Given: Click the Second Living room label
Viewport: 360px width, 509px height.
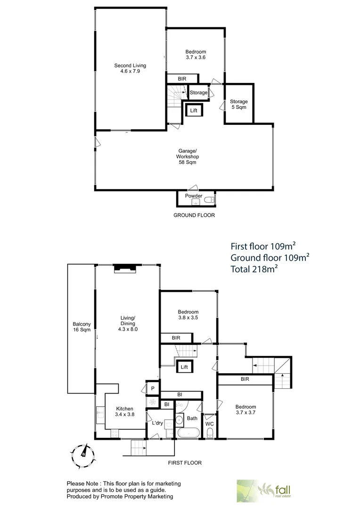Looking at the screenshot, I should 130,68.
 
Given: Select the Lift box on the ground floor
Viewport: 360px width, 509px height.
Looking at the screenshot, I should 194,111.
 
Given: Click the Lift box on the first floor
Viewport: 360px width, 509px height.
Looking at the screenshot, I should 184,367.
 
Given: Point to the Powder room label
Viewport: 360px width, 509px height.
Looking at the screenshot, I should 194,196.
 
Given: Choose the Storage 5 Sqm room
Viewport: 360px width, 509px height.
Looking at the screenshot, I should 239,104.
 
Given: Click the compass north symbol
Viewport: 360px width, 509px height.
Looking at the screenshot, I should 82,453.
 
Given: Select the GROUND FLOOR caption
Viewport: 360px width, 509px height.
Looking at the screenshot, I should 194,215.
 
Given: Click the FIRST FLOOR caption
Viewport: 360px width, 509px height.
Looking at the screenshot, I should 185,463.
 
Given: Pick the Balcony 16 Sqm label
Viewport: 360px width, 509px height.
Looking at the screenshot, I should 82,327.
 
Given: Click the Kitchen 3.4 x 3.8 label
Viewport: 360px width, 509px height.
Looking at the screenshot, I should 124,411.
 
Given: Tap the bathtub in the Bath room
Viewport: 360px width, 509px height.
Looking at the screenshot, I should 188,434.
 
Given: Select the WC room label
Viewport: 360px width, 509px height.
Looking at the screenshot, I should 210,424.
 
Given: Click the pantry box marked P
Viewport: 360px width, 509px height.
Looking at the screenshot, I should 152,388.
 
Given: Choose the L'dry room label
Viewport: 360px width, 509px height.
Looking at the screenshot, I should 157,423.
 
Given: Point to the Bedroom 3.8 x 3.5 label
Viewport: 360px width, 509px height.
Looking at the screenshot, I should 188,315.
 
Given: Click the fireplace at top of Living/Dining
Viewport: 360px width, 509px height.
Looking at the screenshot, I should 125,268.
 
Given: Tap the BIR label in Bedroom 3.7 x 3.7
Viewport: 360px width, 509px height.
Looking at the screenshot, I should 245,379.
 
